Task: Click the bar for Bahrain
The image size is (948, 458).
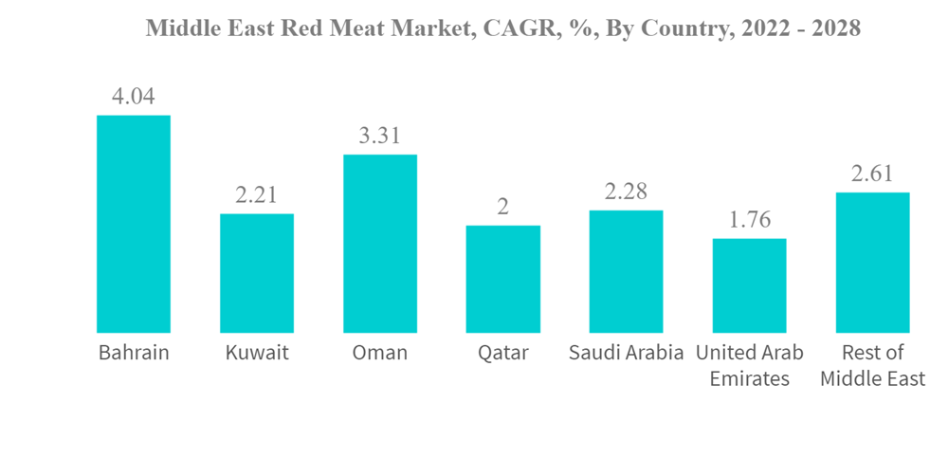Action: (x=134, y=224)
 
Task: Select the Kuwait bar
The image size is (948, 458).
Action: (x=257, y=273)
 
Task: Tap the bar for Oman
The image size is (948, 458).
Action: (x=380, y=244)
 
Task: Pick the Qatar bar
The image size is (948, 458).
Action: (x=503, y=279)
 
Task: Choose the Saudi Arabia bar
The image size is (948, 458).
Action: (x=626, y=271)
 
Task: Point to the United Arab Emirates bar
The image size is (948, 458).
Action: (x=749, y=285)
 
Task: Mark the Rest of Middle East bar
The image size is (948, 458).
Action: (x=872, y=263)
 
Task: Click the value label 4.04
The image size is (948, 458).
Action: (x=134, y=96)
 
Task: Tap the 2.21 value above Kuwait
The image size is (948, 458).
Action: (x=257, y=194)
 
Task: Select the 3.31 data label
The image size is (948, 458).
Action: (x=380, y=136)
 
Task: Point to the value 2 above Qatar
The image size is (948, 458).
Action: (x=503, y=207)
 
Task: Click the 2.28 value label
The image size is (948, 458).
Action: (x=626, y=191)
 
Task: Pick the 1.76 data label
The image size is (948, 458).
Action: (x=749, y=219)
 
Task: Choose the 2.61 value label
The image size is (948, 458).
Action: (x=872, y=173)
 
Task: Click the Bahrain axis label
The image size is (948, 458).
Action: (x=134, y=354)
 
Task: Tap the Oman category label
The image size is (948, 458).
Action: (x=380, y=354)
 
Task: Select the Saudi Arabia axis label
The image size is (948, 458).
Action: (x=626, y=354)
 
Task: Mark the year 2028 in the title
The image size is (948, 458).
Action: (x=833, y=29)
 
